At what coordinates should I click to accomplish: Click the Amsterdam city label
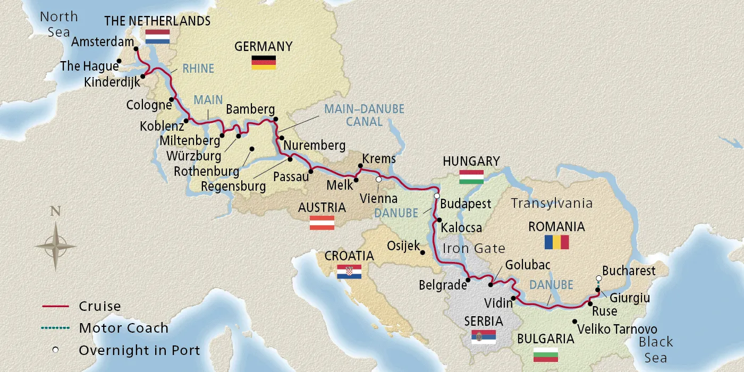click(x=101, y=41)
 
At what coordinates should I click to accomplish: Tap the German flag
click(x=264, y=62)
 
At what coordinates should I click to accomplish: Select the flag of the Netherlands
click(x=157, y=36)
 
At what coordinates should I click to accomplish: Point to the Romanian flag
click(x=556, y=242)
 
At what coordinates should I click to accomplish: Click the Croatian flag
click(x=349, y=272)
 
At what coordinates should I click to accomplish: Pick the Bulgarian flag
click(x=546, y=354)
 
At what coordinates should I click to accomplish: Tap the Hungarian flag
click(x=471, y=177)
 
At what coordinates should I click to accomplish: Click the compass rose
click(x=55, y=246)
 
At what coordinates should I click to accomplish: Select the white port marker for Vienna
click(x=378, y=180)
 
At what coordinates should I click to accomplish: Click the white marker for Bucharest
click(x=599, y=278)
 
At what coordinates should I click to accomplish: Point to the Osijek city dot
click(x=422, y=252)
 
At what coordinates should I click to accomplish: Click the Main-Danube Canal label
click(x=364, y=115)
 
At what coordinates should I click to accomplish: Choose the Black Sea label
click(x=656, y=349)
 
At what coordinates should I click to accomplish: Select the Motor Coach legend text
click(x=123, y=328)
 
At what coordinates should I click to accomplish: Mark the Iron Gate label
click(x=474, y=248)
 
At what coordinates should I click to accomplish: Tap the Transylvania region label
click(x=551, y=203)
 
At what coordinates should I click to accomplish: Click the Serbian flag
click(x=484, y=336)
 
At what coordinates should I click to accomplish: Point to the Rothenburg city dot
click(x=251, y=149)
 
